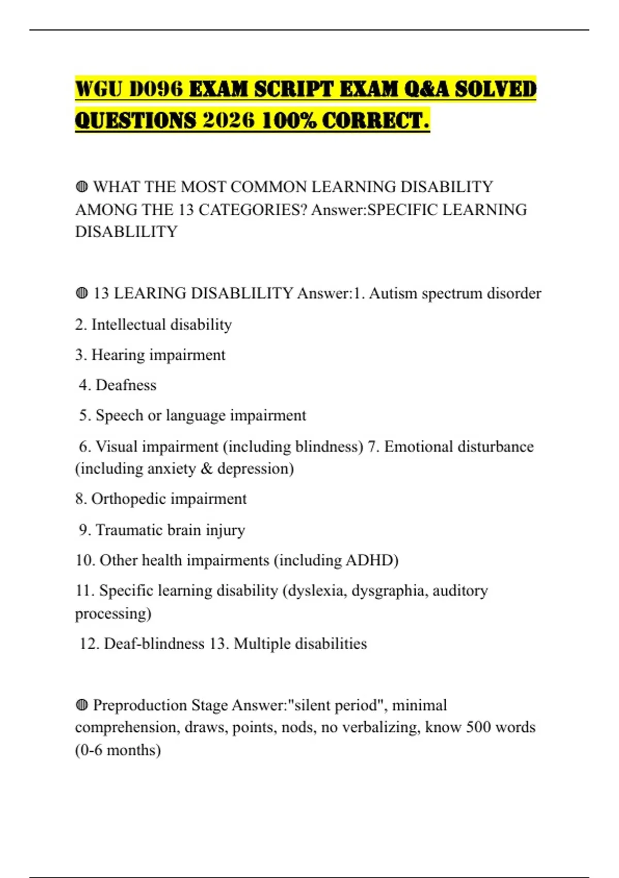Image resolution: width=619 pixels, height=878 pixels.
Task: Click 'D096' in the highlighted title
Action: (x=156, y=89)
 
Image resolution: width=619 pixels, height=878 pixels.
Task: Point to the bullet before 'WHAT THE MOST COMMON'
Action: (x=82, y=186)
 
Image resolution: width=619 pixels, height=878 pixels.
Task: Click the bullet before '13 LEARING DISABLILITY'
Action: (x=82, y=293)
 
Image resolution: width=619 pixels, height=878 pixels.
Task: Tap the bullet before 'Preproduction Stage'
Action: (x=82, y=705)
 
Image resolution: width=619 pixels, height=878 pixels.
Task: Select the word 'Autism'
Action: (x=393, y=293)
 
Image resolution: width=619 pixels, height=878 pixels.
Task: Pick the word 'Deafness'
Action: (x=126, y=385)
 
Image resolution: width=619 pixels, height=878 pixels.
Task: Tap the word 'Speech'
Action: (x=119, y=415)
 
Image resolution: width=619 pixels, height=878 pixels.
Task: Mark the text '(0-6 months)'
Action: (x=118, y=750)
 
